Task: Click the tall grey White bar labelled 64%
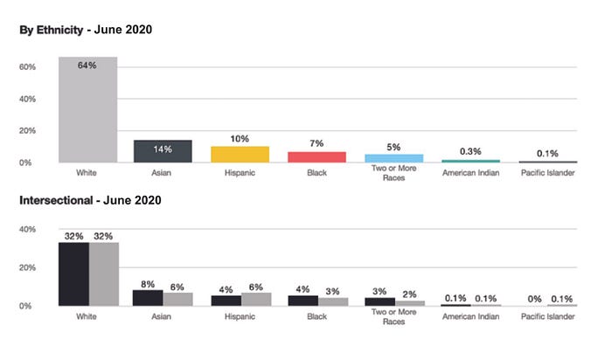87,109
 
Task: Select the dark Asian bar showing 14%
163,151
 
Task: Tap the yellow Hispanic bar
240,155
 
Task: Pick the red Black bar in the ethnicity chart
316,156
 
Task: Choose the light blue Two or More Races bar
393,158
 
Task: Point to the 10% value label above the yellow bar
240,139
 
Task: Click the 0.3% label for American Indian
470,151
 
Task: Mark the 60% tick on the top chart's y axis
27,66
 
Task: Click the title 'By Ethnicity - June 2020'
86,30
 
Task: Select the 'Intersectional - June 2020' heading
90,200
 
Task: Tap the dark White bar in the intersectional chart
73,274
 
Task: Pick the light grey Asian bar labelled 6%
178,299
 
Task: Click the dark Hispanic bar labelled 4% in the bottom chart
226,301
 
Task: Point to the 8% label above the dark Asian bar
148,284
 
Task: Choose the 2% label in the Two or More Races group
409,294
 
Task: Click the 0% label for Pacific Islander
534,299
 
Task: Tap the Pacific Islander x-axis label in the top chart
547,173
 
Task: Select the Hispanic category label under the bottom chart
240,316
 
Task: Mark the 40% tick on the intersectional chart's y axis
27,229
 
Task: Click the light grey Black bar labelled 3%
333,301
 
